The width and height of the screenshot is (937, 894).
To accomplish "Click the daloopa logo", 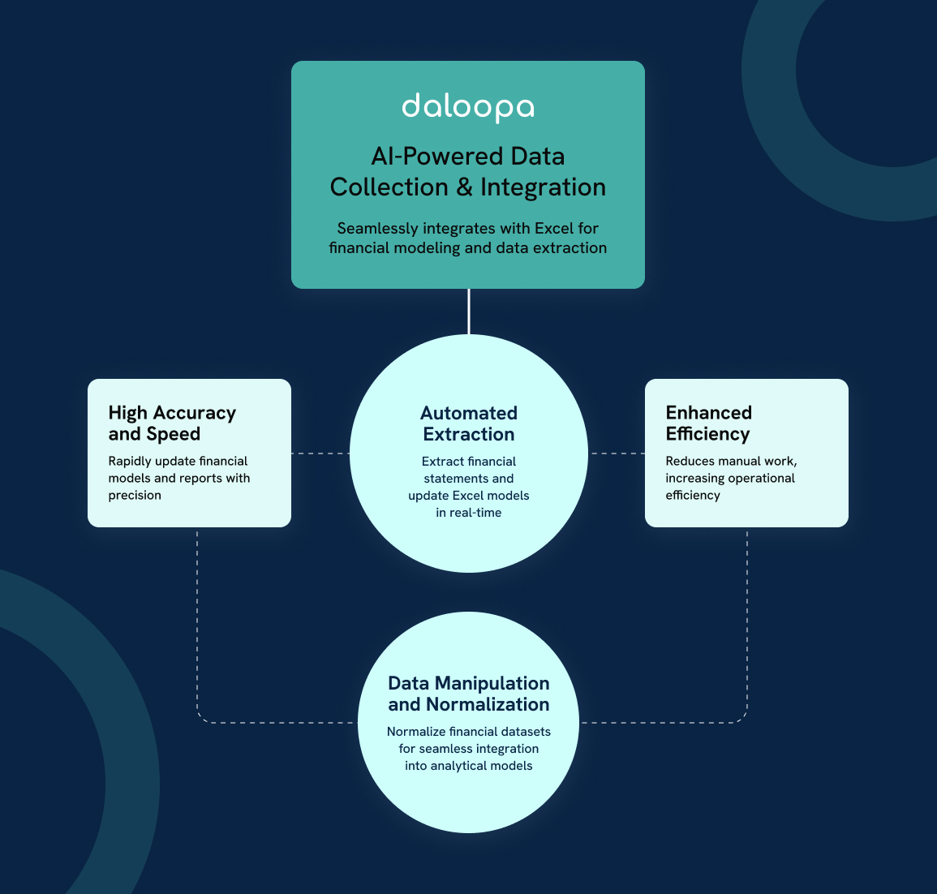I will (468, 107).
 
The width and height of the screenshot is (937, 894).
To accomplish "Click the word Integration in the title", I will (543, 187).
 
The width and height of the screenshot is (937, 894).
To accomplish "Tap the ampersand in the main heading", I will (464, 187).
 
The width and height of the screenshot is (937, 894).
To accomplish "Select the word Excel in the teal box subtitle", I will (555, 228).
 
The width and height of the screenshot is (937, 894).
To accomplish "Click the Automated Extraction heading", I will (468, 423).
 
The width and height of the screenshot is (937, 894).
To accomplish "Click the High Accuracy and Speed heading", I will (172, 423).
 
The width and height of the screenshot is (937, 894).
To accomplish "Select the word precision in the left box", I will (135, 496).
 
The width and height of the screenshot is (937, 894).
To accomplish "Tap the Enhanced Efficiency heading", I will (708, 423).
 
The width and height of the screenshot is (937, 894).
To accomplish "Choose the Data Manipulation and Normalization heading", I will (468, 694).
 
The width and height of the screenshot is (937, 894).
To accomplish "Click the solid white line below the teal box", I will (468, 312).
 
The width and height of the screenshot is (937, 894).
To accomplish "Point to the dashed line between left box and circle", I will (320, 453).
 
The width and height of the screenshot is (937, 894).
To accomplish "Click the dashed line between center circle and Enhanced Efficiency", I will (616, 453).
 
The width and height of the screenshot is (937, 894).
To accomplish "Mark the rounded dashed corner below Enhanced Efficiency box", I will (742, 718).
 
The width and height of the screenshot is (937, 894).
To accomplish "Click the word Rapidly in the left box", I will (129, 462).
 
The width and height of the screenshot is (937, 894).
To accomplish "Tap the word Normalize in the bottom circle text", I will (415, 732).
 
